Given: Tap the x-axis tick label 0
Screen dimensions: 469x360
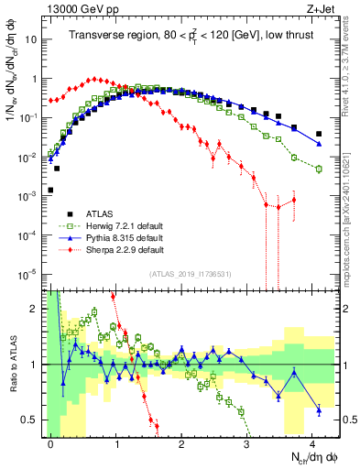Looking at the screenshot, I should coord(51,442).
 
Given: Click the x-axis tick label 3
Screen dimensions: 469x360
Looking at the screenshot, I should coord(246,442).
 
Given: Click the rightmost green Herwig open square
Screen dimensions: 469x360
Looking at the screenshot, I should coord(319,169).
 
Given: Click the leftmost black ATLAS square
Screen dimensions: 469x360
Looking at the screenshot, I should coord(50,191).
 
